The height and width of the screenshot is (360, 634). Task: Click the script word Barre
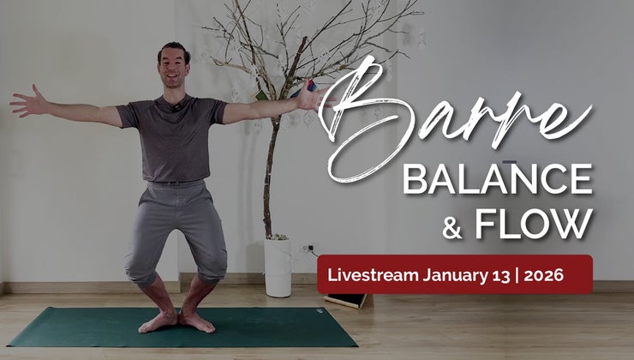point(453,117)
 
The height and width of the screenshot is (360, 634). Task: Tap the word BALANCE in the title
point(498,178)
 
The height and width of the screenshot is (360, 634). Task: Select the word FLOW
point(534,223)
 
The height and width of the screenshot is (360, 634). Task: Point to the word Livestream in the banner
point(373,275)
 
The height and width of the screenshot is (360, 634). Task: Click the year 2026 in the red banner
point(543,275)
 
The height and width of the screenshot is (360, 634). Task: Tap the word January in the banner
point(455,276)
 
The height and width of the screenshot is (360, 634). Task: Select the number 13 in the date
point(501,275)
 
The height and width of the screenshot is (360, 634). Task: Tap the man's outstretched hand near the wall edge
point(28,101)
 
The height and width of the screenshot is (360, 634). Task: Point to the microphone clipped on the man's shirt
point(176,107)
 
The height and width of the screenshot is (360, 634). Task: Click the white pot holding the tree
point(278,267)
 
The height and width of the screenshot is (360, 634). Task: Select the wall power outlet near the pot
point(308,248)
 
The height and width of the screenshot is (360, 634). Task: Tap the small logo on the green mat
point(320,311)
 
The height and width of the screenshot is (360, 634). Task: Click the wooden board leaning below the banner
point(345,301)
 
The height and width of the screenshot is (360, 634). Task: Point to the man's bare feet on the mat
point(176,321)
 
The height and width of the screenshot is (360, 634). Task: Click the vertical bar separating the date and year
point(517,275)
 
